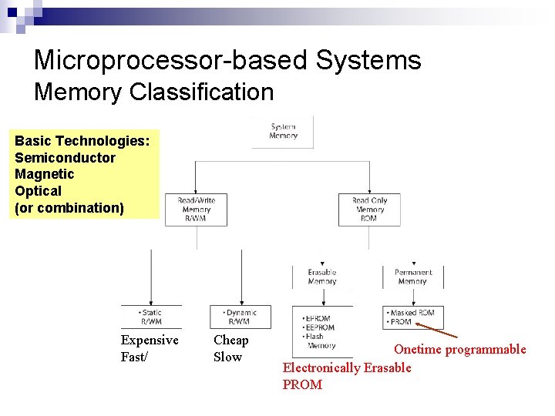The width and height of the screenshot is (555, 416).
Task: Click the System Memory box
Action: (x=283, y=131)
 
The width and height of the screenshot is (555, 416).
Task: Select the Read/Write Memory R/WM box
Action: (x=196, y=210)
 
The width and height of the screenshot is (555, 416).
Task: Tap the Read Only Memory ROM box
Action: (x=369, y=210)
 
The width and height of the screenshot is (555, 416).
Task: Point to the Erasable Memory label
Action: (x=321, y=277)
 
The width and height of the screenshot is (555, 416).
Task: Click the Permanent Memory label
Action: (x=412, y=277)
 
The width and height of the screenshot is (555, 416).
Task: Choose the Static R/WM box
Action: (x=151, y=317)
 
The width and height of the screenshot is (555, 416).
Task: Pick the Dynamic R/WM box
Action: (x=240, y=317)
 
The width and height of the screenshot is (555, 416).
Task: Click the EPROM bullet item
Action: (x=318, y=318)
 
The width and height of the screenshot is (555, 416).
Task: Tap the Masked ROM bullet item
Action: (x=413, y=313)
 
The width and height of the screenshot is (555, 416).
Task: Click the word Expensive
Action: (x=150, y=341)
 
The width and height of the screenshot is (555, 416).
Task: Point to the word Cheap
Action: (x=230, y=341)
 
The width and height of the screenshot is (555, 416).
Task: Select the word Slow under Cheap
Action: (x=227, y=357)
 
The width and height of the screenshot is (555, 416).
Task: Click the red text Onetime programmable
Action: (x=459, y=350)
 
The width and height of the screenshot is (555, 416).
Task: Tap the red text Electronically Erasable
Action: (x=347, y=367)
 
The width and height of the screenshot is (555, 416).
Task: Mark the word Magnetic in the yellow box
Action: (x=42, y=174)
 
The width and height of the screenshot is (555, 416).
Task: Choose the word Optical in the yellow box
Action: (x=38, y=190)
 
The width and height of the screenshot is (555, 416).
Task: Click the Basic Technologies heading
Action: (x=82, y=141)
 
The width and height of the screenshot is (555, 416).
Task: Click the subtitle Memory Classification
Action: (x=153, y=92)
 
